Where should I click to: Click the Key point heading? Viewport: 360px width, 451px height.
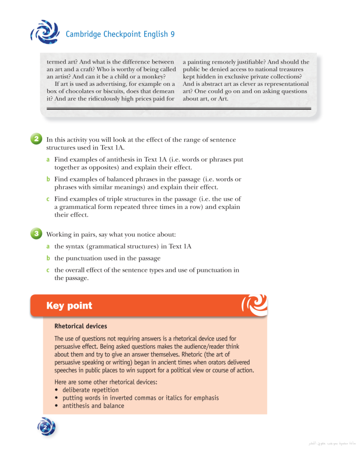69,306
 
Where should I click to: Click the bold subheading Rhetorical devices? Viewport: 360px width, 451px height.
80,326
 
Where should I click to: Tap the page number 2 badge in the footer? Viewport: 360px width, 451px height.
46,427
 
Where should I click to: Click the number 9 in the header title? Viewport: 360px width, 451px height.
172,34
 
